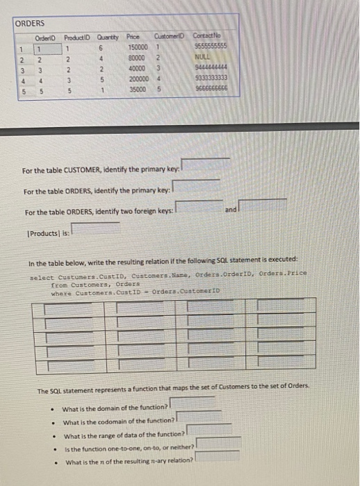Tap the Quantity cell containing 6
click(101, 47)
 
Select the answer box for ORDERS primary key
click(197, 186)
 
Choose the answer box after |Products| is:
click(95, 228)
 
